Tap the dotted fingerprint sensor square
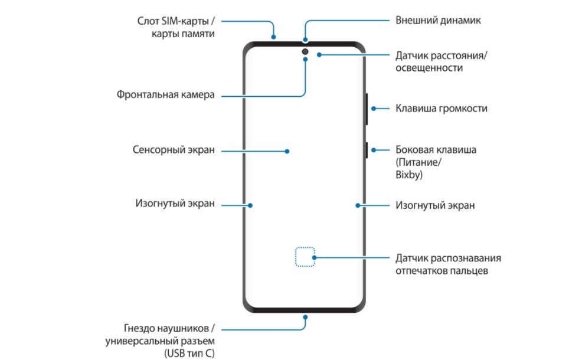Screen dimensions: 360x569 (305, 257)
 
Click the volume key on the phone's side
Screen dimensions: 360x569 (367, 109)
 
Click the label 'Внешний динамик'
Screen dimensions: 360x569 (438, 20)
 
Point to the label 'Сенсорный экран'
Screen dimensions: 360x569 (173, 150)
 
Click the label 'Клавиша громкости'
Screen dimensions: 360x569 (441, 109)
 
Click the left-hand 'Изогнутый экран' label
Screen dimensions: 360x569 (174, 204)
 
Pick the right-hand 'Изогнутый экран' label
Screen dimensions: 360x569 (435, 205)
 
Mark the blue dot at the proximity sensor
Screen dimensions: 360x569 (319, 55)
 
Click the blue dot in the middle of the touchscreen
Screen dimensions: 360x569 (287, 151)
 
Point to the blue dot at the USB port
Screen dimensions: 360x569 (306, 316)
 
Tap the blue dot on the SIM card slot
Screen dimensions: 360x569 (274, 37)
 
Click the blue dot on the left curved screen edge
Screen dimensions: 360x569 (250, 205)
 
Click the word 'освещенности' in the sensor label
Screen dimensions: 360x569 (429, 68)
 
